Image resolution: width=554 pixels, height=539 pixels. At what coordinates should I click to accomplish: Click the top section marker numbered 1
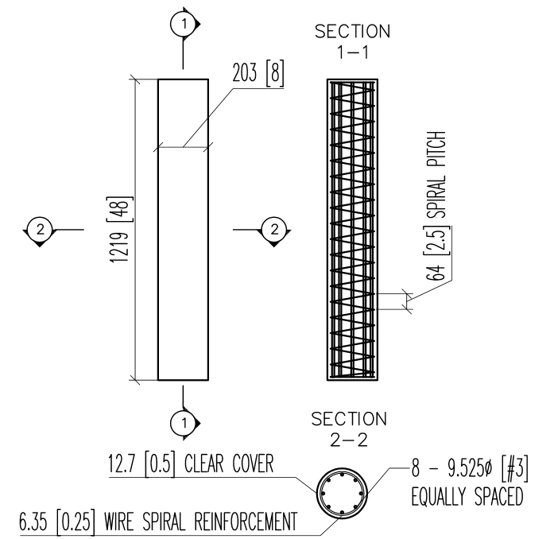click(x=184, y=25)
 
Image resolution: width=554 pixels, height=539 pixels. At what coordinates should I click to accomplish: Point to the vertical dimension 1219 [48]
click(x=125, y=230)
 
